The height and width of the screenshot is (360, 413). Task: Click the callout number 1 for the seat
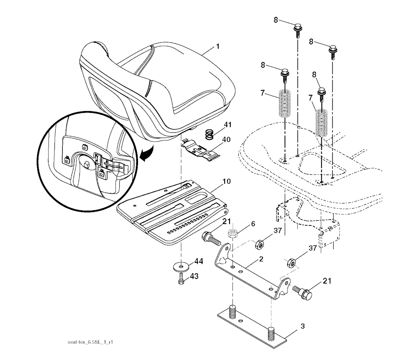pos(217,46)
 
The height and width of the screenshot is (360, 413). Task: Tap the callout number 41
pos(227,124)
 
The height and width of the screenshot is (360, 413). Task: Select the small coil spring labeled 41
pos(209,134)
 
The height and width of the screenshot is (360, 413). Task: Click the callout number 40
pos(227,139)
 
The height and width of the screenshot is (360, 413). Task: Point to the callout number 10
pos(227,181)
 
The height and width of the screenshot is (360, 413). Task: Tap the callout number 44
pos(198,261)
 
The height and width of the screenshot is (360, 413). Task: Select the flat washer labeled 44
pos(181,266)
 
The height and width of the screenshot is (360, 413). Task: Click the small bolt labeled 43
pos(181,278)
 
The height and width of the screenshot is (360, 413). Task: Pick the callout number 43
pos(194,276)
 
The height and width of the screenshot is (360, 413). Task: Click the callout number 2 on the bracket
pos(261,259)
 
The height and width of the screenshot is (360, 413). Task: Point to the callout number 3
pos(302,326)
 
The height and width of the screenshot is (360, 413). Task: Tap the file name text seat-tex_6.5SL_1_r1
pos(90,342)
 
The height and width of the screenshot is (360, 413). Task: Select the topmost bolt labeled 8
pos(298,31)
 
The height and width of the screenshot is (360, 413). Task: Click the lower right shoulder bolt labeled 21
pos(302,291)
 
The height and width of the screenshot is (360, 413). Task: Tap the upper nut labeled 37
pos(259,244)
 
